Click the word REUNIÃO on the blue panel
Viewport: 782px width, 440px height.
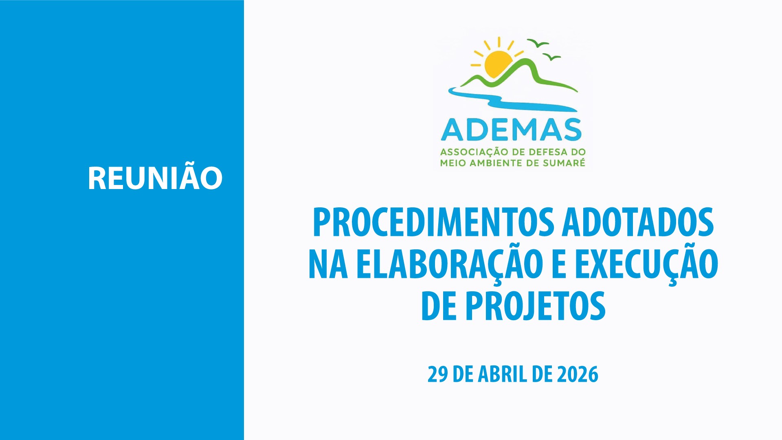tap(155, 178)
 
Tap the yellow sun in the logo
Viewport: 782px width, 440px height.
tap(498, 63)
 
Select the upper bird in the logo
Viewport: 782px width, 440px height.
tap(538, 43)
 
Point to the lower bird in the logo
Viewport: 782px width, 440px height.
tap(552, 57)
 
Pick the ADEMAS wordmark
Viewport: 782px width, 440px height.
tap(512, 130)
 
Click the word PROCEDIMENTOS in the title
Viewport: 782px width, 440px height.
tap(433, 222)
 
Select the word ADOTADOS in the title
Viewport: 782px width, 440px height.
tap(638, 222)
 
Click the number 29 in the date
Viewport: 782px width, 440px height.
tap(437, 374)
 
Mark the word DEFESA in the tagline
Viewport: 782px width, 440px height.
tap(543, 152)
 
